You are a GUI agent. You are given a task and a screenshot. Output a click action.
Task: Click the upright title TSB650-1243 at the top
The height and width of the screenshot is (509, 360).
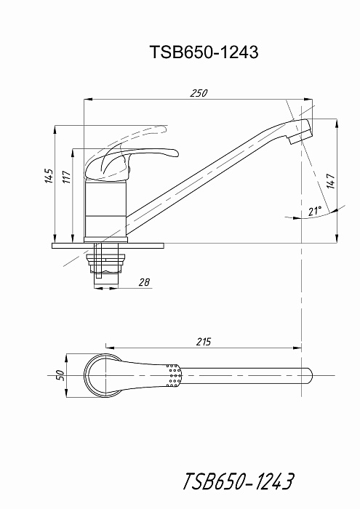click(204, 52)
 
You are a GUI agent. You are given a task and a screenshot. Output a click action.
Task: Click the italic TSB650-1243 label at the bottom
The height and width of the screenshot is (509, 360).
click(239, 481)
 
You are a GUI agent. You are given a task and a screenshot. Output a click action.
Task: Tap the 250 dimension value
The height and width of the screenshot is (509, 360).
click(199, 93)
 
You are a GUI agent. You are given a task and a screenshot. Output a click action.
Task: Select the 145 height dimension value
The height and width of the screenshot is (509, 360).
click(49, 176)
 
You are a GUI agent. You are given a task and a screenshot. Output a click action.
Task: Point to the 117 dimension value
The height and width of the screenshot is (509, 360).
click(67, 177)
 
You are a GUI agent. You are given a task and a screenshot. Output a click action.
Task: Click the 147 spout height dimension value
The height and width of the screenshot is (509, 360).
click(330, 181)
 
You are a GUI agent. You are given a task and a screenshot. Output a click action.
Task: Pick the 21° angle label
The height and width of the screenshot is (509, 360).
click(315, 211)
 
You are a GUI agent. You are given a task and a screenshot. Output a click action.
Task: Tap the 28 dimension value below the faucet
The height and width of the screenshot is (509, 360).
click(144, 282)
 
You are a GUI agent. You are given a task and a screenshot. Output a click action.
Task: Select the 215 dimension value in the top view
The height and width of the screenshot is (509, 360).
click(204, 342)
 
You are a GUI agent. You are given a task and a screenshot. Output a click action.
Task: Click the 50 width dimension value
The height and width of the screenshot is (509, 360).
click(61, 375)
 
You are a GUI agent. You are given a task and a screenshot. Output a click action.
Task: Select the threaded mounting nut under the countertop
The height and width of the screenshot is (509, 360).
click(105, 263)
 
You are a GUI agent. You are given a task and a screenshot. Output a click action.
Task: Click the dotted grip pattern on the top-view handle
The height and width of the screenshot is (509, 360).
click(174, 376)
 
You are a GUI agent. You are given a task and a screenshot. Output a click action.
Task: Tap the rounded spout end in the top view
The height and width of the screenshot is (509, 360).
click(309, 376)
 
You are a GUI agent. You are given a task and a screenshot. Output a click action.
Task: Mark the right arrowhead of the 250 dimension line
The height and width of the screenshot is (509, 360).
click(308, 99)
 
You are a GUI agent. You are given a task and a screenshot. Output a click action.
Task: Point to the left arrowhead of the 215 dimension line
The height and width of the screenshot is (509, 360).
click(111, 348)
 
